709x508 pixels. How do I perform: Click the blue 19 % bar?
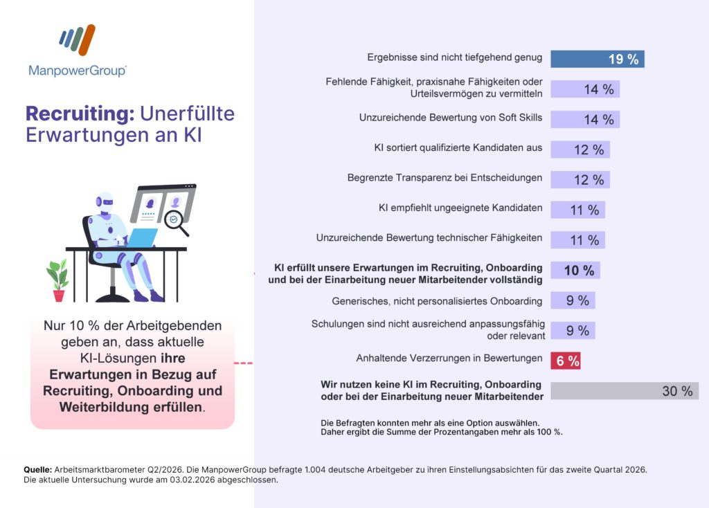pos(597,59)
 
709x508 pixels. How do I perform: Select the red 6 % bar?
pos(565,360)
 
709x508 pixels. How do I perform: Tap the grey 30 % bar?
pos(624,391)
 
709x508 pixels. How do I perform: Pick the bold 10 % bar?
pos(575,270)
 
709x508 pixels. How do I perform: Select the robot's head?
pos(102,203)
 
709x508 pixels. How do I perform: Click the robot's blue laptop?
pos(143,238)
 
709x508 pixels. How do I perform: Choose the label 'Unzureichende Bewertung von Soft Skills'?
pos(450,118)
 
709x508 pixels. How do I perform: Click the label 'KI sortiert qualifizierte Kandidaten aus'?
pos(457,147)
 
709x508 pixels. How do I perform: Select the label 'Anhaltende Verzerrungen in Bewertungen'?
pos(449,358)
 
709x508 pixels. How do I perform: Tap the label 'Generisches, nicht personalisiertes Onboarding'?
pos(438,300)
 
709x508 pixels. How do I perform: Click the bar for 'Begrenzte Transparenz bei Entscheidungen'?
pos(580,179)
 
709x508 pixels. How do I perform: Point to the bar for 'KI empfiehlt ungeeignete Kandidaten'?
pos(577,210)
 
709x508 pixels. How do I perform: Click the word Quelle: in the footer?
pos(36,469)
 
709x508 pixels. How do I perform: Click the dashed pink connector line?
pos(244,363)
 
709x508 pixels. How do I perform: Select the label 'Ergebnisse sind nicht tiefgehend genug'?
pos(454,57)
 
